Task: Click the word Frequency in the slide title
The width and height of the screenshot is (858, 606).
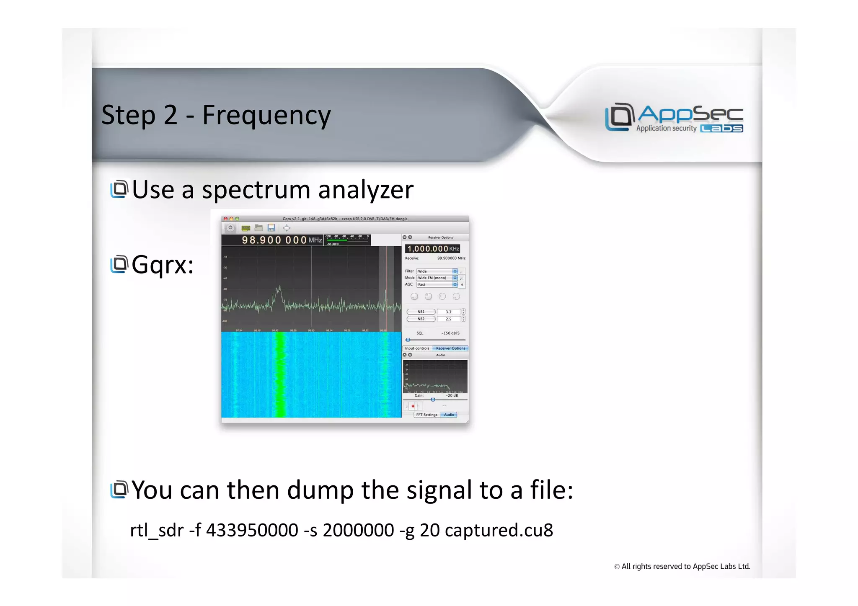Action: click(x=266, y=115)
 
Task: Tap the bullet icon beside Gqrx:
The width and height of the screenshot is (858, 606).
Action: click(x=119, y=264)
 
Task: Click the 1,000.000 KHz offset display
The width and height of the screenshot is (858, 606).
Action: click(x=433, y=249)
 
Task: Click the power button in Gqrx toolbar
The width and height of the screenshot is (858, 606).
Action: click(x=230, y=228)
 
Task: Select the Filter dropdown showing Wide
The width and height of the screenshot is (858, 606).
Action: click(x=437, y=271)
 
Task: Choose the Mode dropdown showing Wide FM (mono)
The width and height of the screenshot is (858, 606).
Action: click(x=437, y=278)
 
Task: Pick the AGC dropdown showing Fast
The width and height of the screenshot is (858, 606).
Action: click(x=437, y=285)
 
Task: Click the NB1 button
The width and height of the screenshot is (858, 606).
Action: click(x=421, y=312)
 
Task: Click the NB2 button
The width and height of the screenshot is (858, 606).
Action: click(x=421, y=319)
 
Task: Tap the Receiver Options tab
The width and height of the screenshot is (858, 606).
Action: click(x=450, y=348)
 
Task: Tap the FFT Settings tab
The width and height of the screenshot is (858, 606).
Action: click(x=426, y=415)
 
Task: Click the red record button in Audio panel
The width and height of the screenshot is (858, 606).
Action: click(x=413, y=406)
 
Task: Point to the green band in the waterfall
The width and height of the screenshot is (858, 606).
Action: click(x=279, y=375)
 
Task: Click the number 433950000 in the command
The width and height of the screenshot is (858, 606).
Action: click(x=252, y=531)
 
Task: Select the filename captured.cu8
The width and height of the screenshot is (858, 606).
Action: click(x=499, y=531)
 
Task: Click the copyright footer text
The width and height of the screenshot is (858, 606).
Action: click(x=682, y=567)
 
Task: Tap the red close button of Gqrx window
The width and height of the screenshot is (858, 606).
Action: click(x=225, y=219)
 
